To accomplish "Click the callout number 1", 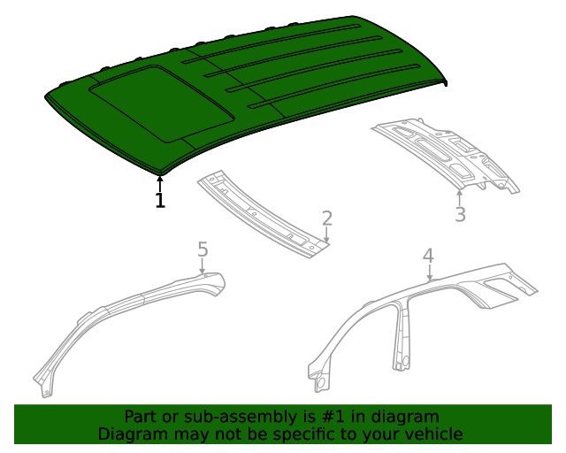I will pyautogui.click(x=160, y=201).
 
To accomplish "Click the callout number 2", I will pyautogui.click(x=327, y=219).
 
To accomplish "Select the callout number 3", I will pyautogui.click(x=460, y=214).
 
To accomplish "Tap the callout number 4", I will pyautogui.click(x=428, y=256).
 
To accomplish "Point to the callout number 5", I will pyautogui.click(x=203, y=250).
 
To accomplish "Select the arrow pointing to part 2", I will pyautogui.click(x=327, y=235).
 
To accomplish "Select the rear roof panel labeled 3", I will pyautogui.click(x=447, y=154).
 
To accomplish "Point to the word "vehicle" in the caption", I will pyautogui.click(x=432, y=434).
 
